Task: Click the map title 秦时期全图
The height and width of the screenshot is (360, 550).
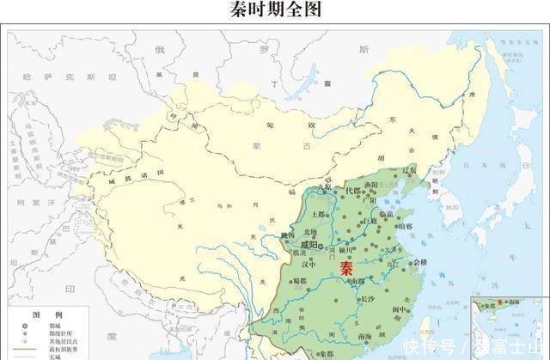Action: [276, 10]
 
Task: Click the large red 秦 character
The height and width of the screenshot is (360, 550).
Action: [347, 267]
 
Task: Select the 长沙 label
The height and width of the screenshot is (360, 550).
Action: [367, 298]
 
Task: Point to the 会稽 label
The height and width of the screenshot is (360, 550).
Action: [419, 262]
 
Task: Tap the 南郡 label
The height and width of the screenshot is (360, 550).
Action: [358, 280]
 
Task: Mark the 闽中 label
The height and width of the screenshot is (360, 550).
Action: [396, 309]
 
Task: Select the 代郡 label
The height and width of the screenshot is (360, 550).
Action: [352, 191]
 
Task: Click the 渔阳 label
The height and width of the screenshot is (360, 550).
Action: [372, 185]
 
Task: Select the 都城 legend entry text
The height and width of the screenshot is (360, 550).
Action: [55, 327]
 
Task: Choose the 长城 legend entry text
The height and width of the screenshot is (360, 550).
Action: [55, 356]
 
